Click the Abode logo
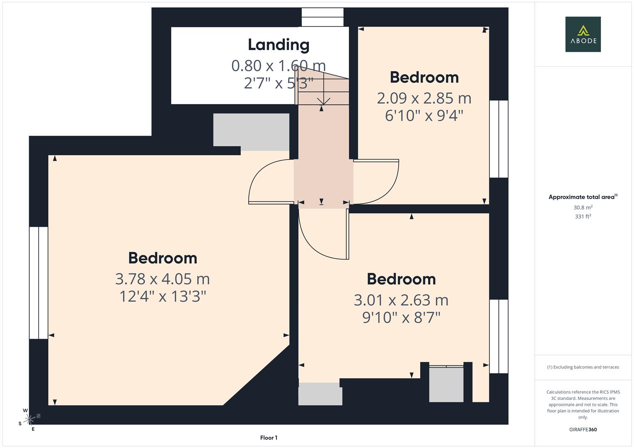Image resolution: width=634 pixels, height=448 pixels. coord(583,34)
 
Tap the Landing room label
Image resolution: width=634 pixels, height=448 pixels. coord(279,45)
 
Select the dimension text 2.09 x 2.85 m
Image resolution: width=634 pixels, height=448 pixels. coord(424,98)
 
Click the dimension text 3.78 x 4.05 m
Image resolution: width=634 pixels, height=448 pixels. coord(162,279)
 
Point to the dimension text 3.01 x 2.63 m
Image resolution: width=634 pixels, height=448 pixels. coord(401,300)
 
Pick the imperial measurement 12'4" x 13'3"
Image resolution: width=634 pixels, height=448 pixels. coord(162,297)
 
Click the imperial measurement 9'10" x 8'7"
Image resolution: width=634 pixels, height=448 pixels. coord(401,318)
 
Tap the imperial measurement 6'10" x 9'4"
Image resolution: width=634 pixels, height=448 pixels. coord(424,116)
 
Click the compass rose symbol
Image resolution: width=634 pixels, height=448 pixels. coord(29,420)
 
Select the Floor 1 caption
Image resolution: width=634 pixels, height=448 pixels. coord(269,438)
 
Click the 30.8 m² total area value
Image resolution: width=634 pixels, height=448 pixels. coord(583,207)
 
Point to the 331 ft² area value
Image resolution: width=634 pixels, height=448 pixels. coord(583,217)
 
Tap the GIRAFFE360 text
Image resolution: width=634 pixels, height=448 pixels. coord(583,429)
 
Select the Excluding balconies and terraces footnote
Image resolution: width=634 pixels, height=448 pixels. coord(583,367)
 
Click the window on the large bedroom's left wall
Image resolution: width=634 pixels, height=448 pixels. coord(39,282)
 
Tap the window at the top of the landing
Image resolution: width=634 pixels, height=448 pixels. coord(323,17)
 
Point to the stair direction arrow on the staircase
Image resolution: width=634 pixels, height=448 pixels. coord(323,101)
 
